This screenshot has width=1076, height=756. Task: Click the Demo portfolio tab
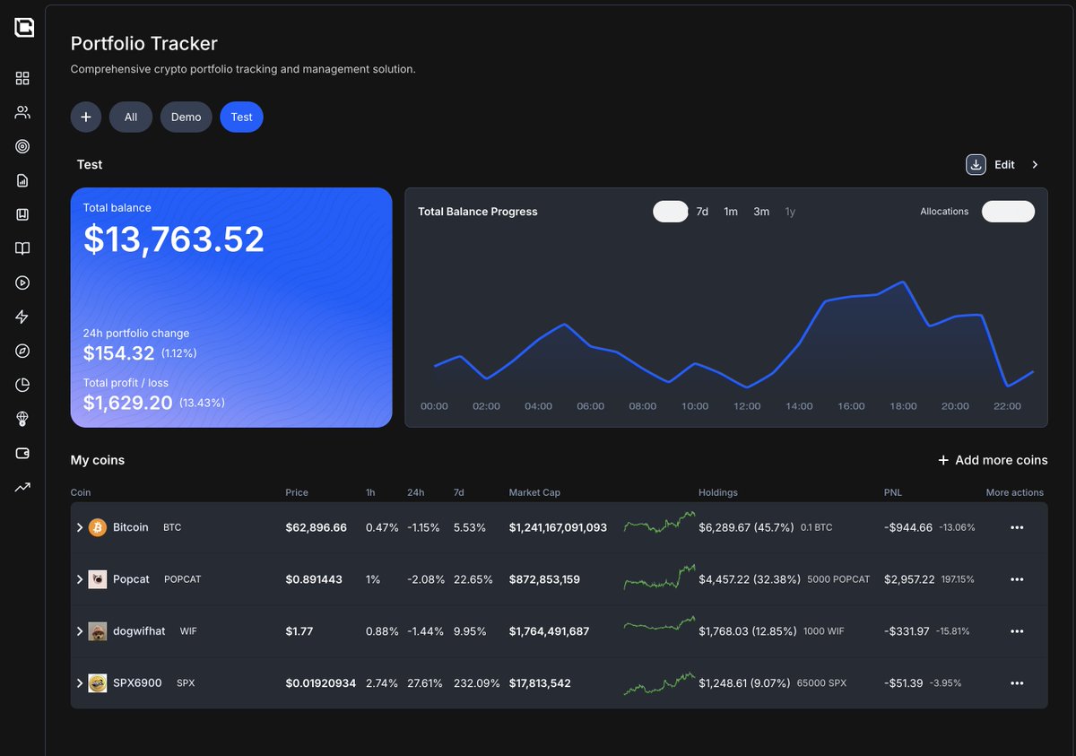pos(186,117)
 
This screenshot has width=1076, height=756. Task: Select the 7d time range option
pos(702,212)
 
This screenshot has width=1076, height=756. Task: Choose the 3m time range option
pos(761,212)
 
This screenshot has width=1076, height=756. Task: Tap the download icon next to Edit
pos(976,165)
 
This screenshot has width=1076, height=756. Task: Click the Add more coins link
pos(993,460)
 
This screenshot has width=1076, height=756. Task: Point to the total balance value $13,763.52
pos(174,239)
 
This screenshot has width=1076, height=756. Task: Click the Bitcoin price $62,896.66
pos(316,527)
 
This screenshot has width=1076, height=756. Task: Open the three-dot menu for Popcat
pos(1017,579)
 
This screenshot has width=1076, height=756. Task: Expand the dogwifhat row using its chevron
pos(80,631)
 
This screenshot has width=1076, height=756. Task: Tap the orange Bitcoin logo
pos(98,527)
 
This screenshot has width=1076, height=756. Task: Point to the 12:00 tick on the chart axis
pos(747,406)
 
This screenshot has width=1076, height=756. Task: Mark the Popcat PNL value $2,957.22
pos(909,579)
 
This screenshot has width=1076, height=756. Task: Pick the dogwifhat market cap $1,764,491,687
pos(549,631)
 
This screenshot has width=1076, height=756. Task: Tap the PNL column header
pos(893,492)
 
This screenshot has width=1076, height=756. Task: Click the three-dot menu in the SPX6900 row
pos(1017,683)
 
